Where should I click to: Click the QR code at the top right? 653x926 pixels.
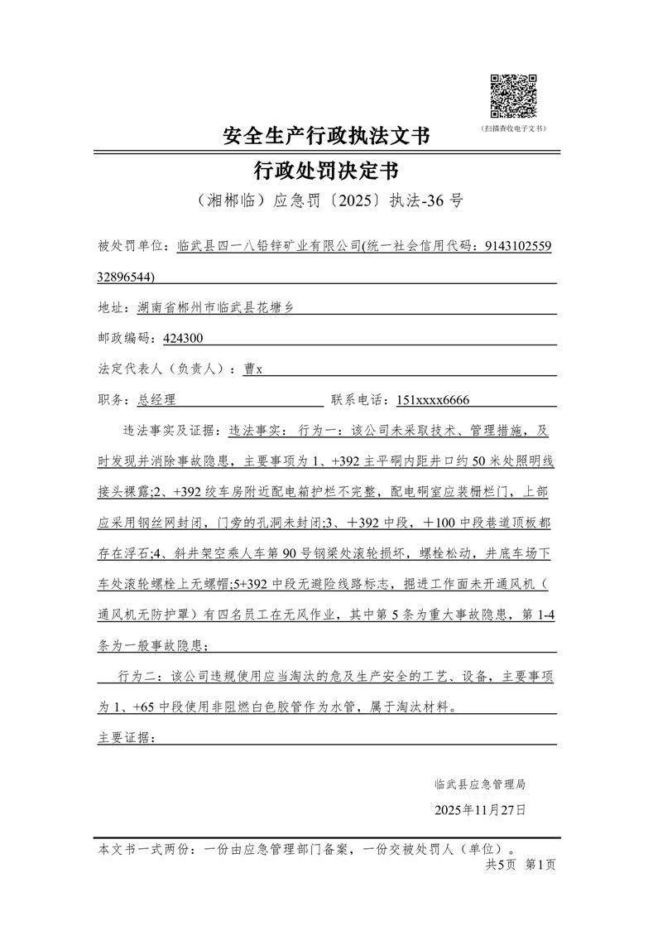513,96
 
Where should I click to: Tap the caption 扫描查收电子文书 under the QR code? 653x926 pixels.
513,128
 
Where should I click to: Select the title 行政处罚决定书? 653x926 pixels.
326,171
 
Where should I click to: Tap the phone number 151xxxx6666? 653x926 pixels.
433,399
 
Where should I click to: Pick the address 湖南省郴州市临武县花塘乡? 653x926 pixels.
214,307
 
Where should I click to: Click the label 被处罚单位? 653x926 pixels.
132,246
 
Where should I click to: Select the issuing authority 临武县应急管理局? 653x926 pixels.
479,783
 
